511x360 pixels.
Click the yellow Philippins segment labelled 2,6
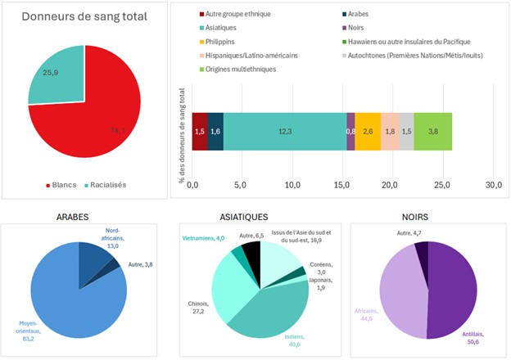(368, 132)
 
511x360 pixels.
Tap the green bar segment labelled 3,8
(432, 132)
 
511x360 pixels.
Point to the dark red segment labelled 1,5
(199, 132)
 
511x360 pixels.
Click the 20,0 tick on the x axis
(390, 184)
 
